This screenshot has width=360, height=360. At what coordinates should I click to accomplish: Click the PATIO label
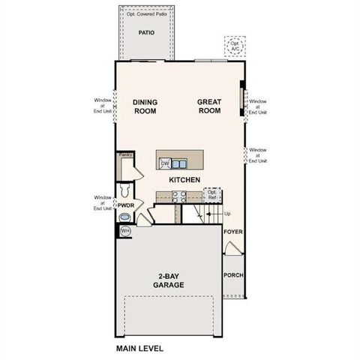(x=146, y=33)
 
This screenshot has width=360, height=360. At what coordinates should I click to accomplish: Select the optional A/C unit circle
(x=237, y=46)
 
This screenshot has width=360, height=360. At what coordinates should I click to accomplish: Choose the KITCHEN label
(x=183, y=180)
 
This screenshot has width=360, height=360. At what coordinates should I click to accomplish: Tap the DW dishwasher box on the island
(x=164, y=163)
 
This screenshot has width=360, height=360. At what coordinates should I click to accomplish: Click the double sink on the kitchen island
(x=179, y=163)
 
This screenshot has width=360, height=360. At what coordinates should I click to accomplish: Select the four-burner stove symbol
(x=180, y=197)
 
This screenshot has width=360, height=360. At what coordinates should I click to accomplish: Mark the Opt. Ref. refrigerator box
(x=213, y=195)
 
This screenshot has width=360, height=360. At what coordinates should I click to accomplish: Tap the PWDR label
(x=125, y=205)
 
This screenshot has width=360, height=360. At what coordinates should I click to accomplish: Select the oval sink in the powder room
(x=124, y=218)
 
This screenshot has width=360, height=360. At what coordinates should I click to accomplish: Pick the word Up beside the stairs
(x=227, y=214)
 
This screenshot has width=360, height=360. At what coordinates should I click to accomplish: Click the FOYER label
(x=233, y=232)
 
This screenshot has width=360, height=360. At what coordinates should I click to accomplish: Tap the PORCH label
(x=234, y=275)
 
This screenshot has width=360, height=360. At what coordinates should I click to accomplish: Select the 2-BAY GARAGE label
(x=169, y=280)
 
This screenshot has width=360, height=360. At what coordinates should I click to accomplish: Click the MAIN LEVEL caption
(x=139, y=349)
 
